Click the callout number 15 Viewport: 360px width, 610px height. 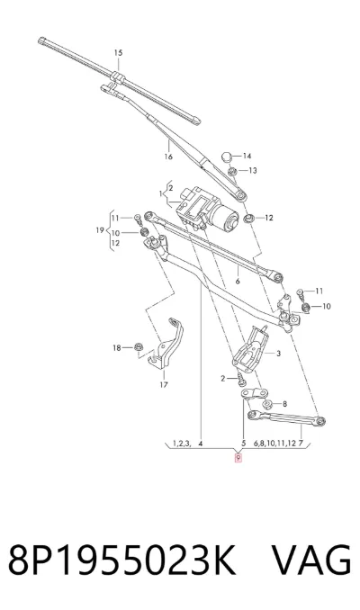pyautogui.click(x=118, y=52)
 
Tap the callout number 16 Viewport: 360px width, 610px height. pyautogui.click(x=168, y=157)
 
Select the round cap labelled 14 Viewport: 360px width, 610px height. pyautogui.click(x=228, y=157)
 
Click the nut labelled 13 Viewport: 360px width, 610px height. pyautogui.click(x=233, y=170)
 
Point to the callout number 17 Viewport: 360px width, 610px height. pyautogui.click(x=164, y=385)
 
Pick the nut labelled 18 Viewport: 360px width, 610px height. pyautogui.click(x=138, y=346)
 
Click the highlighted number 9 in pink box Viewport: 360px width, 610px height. pyautogui.click(x=238, y=458)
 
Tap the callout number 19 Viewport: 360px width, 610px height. pyautogui.click(x=100, y=230)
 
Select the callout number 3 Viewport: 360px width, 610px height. pyautogui.click(x=279, y=354)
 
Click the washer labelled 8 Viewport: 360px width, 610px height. pyautogui.click(x=267, y=404)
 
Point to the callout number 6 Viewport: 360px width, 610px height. pyautogui.click(x=238, y=282)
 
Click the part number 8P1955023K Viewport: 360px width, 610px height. pyautogui.click(x=121, y=560)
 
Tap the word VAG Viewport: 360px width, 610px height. pyautogui.click(x=311, y=560)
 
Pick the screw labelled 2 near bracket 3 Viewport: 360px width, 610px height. pyautogui.click(x=241, y=378)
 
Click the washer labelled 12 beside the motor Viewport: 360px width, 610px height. pyautogui.click(x=248, y=219)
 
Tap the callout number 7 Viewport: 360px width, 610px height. pyautogui.click(x=301, y=444)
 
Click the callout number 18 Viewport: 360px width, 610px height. pyautogui.click(x=117, y=348)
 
